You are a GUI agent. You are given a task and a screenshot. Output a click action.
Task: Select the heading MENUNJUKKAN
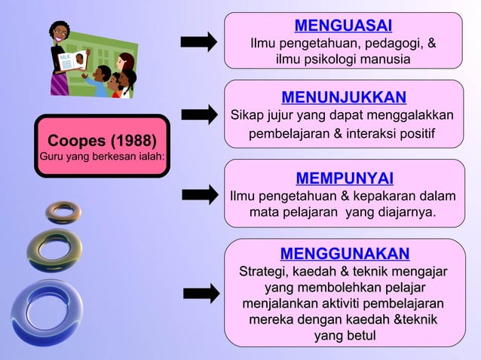pos(343,97)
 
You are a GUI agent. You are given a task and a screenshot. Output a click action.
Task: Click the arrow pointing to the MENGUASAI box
pos(199,41)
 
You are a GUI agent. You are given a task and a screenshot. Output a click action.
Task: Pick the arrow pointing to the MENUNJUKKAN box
pos(199,114)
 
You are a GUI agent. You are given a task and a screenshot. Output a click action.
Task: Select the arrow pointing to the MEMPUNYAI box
pos(199,194)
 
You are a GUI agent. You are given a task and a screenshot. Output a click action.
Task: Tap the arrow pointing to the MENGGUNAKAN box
pos(201,293)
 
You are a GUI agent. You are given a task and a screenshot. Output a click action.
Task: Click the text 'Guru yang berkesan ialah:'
pos(102,157)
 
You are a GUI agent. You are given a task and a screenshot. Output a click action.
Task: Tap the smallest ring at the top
pos(63,212)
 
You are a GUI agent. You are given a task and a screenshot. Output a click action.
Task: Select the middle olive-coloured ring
pos(54,249)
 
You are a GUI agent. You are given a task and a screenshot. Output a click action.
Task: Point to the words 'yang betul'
pos(345,335)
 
